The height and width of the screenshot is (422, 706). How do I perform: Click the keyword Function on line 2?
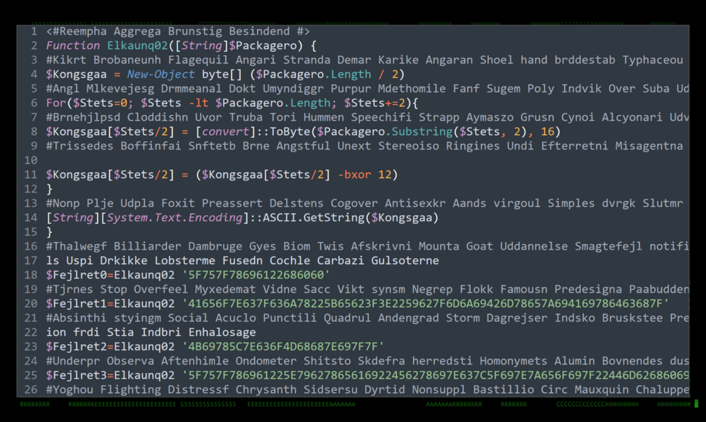(73, 46)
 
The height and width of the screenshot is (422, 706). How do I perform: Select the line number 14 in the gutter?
(30, 218)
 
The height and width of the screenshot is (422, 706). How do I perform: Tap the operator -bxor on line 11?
(354, 174)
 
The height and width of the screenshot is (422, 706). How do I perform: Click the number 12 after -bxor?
(384, 174)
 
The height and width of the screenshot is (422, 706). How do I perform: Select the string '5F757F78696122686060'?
(256, 275)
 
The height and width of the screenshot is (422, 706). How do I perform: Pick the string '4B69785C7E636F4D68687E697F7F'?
(283, 347)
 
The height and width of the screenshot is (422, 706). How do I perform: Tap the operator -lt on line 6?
(197, 103)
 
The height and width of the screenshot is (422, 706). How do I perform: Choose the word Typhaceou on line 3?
(652, 60)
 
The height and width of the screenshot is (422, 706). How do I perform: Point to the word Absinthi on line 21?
(77, 318)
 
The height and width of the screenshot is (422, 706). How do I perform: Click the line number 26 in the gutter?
(30, 390)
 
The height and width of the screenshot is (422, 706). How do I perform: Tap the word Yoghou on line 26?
(70, 390)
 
